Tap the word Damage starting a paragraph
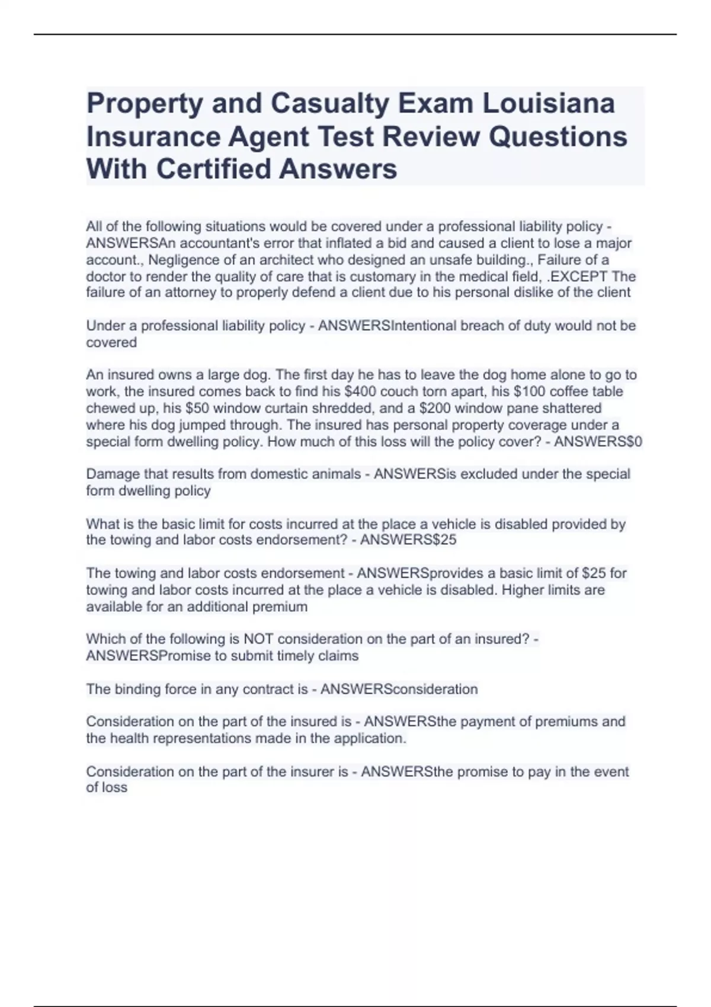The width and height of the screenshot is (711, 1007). click(x=110, y=474)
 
